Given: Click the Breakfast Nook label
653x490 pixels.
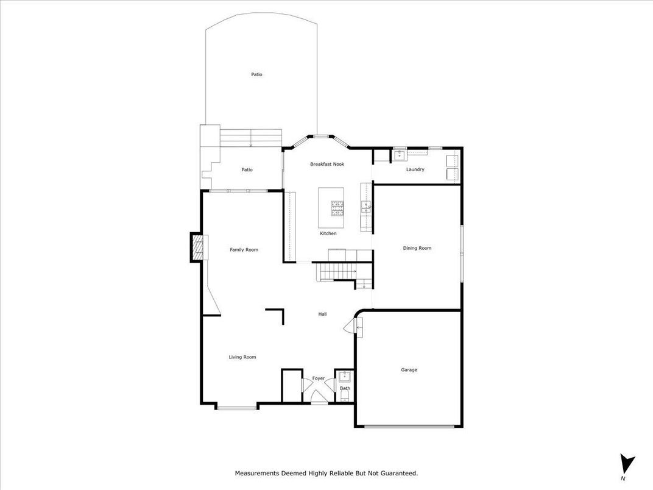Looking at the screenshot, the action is point(327,164).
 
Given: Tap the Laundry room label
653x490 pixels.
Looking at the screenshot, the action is point(415,169).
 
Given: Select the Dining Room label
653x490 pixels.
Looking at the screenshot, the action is point(417,248).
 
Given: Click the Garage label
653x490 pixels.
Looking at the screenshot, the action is point(409,370).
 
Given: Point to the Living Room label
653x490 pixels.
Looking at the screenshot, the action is point(242,357).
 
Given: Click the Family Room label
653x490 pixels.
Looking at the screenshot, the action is point(244,250).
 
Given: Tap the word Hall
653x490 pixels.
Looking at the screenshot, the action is point(322,314).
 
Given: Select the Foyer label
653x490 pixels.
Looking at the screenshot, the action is point(319,378).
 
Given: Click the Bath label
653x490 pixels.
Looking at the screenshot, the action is point(345,388).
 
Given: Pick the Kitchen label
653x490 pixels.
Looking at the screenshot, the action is point(328,233).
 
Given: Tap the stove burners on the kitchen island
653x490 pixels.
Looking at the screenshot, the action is point(337,208).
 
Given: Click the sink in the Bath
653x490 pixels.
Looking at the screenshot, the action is point(344,377).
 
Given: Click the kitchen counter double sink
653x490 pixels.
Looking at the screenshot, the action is point(365,207).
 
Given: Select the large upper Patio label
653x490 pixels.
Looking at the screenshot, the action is point(257,74).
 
